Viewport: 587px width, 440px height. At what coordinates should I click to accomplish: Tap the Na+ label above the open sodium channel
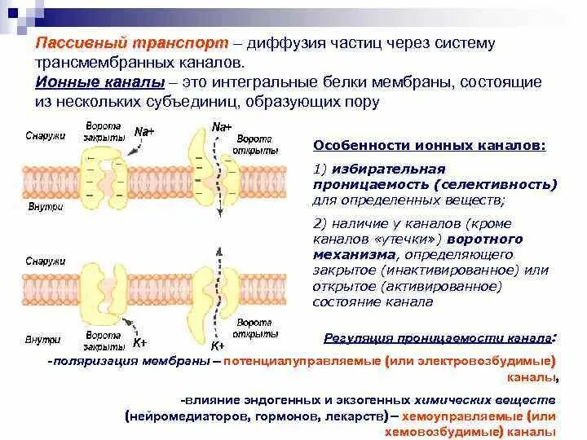221,127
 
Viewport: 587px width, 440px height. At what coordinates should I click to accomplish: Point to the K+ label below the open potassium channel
217,345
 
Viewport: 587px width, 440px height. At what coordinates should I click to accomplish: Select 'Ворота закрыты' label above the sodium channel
104,132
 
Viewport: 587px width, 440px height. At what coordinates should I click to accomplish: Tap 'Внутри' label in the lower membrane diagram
39,338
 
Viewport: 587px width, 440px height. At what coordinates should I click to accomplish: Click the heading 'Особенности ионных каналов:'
430,146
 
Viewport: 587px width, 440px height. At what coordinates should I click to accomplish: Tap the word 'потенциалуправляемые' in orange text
309,361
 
